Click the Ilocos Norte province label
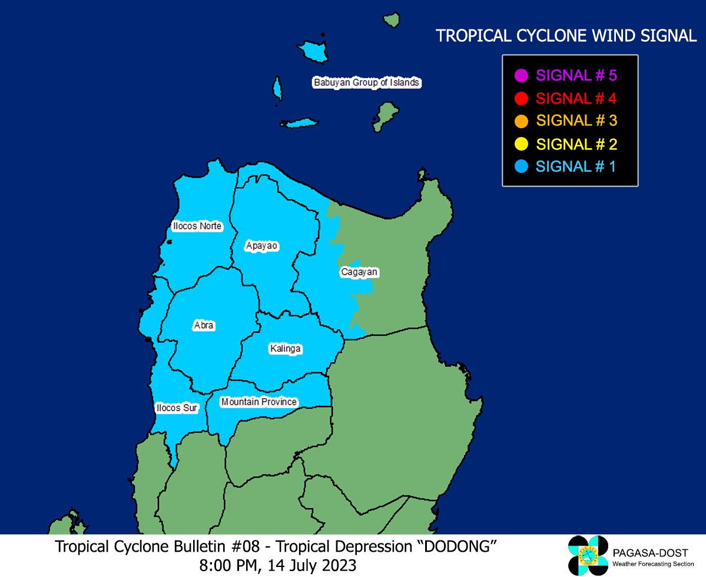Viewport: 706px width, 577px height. click(197, 226)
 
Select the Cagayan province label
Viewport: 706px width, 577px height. click(359, 272)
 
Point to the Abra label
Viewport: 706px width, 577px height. click(204, 325)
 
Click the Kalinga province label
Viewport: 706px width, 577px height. click(285, 349)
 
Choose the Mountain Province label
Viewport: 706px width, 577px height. click(258, 402)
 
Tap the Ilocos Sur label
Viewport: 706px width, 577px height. click(177, 408)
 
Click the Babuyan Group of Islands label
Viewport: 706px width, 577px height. click(366, 82)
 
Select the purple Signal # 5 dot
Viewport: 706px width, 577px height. click(521, 76)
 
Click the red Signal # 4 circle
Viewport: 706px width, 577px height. click(521, 98)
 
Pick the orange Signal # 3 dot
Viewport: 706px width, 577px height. click(521, 121)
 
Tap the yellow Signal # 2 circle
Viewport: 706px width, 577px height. click(521, 144)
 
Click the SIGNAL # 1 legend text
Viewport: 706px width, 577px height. click(576, 166)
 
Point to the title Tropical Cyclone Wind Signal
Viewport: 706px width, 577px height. click(566, 36)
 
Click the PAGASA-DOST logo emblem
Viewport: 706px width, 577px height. click(588, 555)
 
